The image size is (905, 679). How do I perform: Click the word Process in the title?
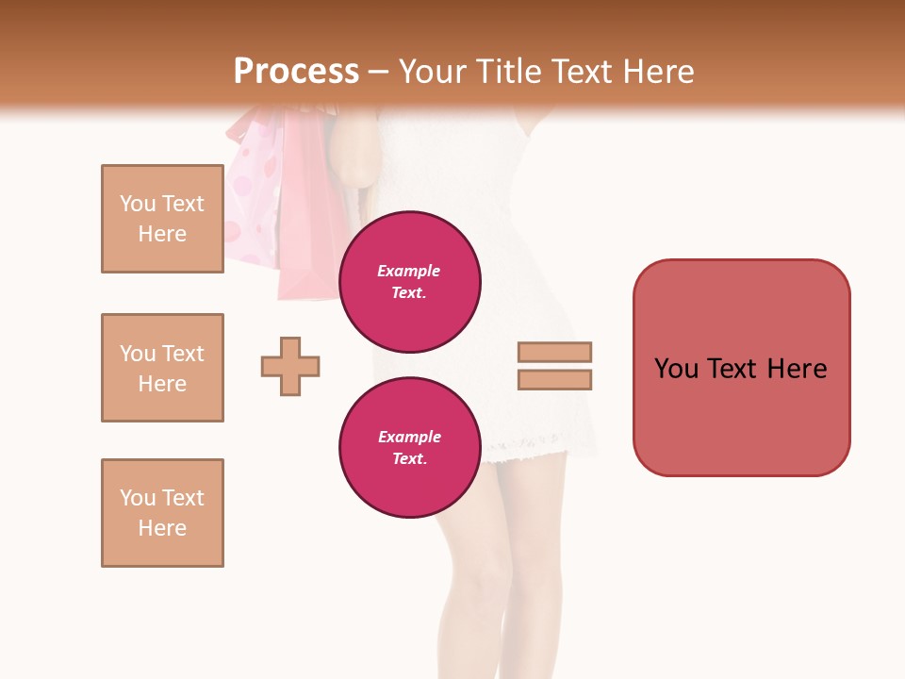pyautogui.click(x=296, y=72)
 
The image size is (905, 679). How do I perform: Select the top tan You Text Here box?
pyautogui.click(x=162, y=219)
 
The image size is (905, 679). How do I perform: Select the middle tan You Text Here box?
pyautogui.click(x=162, y=368)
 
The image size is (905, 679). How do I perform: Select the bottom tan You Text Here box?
pyautogui.click(x=162, y=513)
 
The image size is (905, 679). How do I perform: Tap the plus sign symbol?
pyautogui.click(x=290, y=366)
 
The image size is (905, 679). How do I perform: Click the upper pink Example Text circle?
pyautogui.click(x=409, y=282)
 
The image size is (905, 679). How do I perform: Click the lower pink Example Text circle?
pyautogui.click(x=409, y=448)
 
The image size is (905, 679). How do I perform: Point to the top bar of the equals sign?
pyautogui.click(x=554, y=352)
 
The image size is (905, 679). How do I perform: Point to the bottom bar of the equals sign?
pyautogui.click(x=554, y=379)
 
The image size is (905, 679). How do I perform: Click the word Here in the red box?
pyautogui.click(x=797, y=369)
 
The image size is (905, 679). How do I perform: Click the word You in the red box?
pyautogui.click(x=676, y=369)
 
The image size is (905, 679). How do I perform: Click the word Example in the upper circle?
pyautogui.click(x=409, y=271)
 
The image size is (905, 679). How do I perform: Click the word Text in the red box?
pyautogui.click(x=733, y=369)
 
